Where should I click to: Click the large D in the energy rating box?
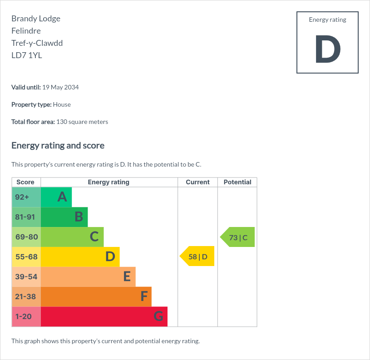(x=328, y=49)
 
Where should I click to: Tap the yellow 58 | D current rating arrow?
(x=197, y=256)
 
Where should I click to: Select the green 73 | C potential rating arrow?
(x=237, y=237)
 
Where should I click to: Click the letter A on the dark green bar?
(x=62, y=197)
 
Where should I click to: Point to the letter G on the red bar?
(x=158, y=316)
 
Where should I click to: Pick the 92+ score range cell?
(x=26, y=197)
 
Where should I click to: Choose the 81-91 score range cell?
(x=26, y=217)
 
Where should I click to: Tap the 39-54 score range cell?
(x=26, y=277)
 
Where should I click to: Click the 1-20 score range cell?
(x=26, y=316)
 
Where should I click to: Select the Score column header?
(x=25, y=182)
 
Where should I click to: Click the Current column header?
(x=198, y=182)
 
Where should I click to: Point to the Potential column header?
(x=237, y=182)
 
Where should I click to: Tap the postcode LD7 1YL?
(x=27, y=55)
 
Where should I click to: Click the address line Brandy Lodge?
(x=36, y=19)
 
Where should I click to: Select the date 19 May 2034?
(x=60, y=87)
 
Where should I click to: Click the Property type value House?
(x=62, y=104)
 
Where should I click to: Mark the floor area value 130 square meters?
(x=82, y=122)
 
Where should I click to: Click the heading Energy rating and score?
(x=58, y=146)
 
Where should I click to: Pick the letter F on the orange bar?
(x=144, y=296)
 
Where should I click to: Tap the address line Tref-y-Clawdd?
(x=37, y=43)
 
